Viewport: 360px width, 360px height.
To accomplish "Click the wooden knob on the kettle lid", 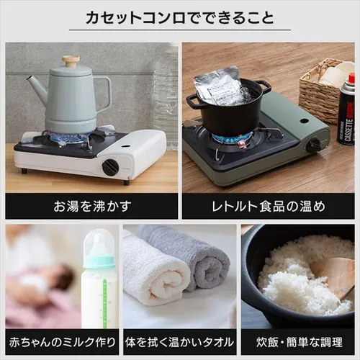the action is pyautogui.click(x=71, y=60).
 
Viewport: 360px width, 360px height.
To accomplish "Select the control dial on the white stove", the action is pyautogui.click(x=110, y=166).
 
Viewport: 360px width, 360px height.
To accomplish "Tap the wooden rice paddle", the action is pyautogui.click(x=333, y=276).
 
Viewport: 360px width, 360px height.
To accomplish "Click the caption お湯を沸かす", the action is pyautogui.click(x=92, y=207).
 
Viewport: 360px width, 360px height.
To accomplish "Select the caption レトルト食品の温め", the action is pyautogui.click(x=269, y=207).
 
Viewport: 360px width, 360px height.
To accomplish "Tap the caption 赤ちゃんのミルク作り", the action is pyautogui.click(x=62, y=342).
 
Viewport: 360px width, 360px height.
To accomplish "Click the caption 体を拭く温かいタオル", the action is pyautogui.click(x=179, y=342).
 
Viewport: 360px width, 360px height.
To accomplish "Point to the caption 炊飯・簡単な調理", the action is pyautogui.click(x=299, y=342).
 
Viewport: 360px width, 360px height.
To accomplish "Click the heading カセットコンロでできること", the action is pyautogui.click(x=180, y=18).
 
